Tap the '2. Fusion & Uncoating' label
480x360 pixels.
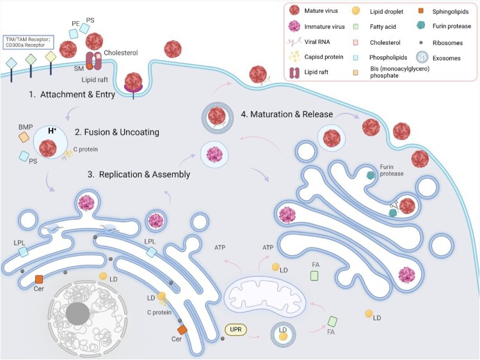point(117,132)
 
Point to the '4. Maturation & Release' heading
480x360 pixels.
point(287,114)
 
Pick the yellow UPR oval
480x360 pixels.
point(235,329)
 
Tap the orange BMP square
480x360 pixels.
point(24,137)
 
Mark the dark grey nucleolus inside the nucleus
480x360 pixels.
point(77,313)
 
